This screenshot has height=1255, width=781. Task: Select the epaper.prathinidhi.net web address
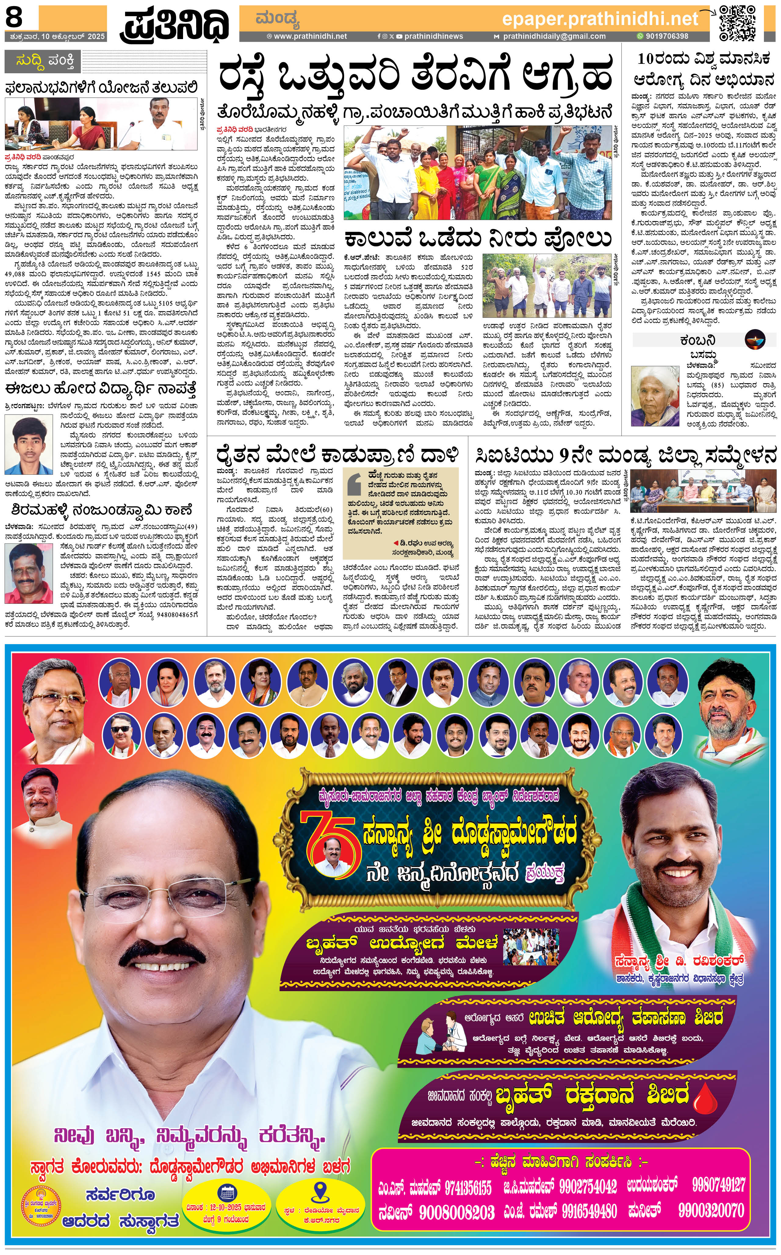pos(600,20)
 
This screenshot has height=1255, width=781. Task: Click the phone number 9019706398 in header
pos(666,36)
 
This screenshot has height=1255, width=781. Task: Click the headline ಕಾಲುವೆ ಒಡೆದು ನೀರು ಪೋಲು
pos(478,238)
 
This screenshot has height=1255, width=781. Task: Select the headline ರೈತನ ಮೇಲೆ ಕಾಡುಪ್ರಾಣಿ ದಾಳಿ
pos(337,455)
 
